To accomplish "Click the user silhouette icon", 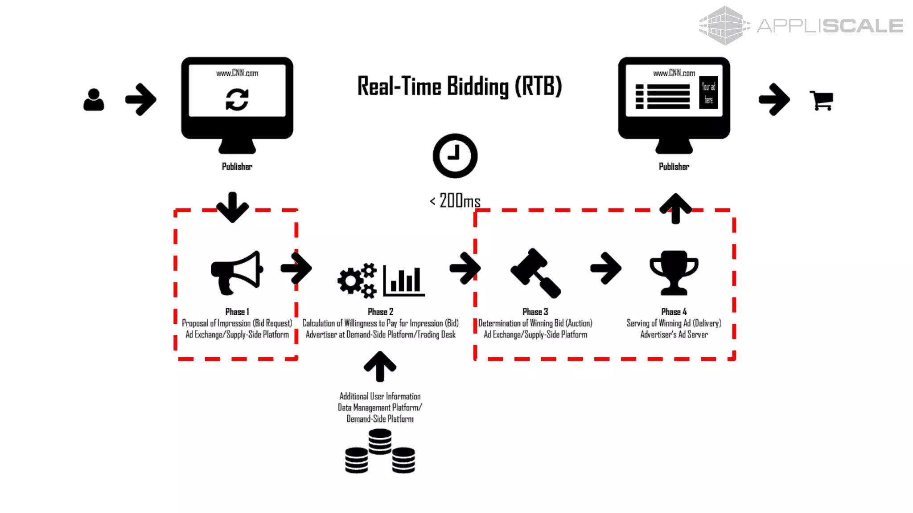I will pos(94,100).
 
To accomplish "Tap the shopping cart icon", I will pos(821,100).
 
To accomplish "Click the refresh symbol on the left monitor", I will pos(237,99).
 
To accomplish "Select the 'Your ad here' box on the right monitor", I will pos(708,93).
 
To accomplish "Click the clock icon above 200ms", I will pos(455,156).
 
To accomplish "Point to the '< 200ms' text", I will pos(455,201).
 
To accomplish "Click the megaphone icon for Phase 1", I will pos(237,273).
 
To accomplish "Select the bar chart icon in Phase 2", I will pos(404,281).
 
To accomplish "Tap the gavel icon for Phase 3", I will pos(535,273).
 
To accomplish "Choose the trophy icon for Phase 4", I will pos(674,273).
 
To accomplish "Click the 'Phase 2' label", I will pos(380,312).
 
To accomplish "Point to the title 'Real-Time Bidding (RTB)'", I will pos(459,86).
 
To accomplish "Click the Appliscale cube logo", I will pos(724,25).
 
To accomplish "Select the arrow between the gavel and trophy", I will pos(606,268).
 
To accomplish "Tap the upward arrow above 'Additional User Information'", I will pos(380,366).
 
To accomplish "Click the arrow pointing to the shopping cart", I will pos(774,99).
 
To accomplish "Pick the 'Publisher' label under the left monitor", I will pos(237,167).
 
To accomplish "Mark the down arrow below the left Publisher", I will pos(232,207).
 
